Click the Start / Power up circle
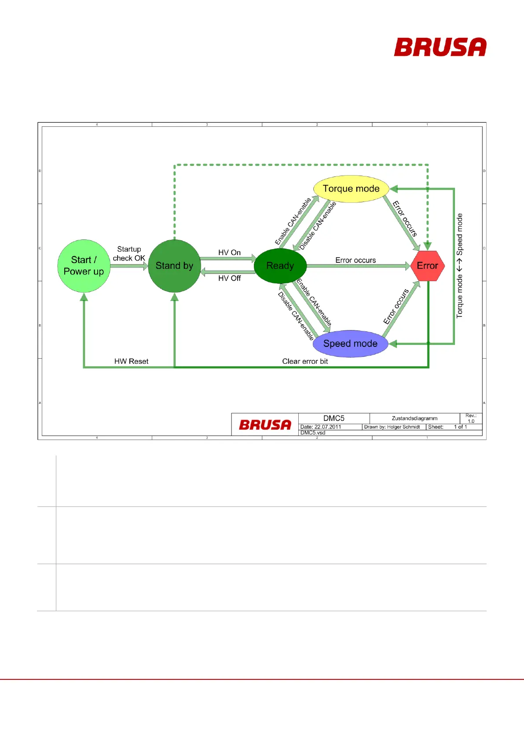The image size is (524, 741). click(84, 266)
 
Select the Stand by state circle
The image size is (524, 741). click(174, 266)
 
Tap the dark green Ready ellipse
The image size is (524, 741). click(280, 266)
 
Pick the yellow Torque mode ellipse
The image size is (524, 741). click(351, 189)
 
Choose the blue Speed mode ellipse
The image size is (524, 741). click(350, 344)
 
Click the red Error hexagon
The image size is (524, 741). click(427, 266)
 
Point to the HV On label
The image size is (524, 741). click(229, 253)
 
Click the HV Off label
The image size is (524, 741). click(229, 278)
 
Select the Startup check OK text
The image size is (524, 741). click(129, 254)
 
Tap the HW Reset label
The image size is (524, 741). click(131, 361)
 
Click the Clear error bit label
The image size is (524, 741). click(305, 361)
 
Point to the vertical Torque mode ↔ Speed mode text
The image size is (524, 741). click(459, 266)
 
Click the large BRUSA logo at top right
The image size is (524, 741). click(440, 47)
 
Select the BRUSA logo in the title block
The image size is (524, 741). click(265, 425)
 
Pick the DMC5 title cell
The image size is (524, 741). click(334, 418)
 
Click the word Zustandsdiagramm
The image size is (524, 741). click(414, 418)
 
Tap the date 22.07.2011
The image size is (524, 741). click(328, 427)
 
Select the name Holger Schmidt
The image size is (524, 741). click(403, 427)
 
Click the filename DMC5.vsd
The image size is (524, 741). click(313, 433)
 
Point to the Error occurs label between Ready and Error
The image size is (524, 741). click(355, 260)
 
